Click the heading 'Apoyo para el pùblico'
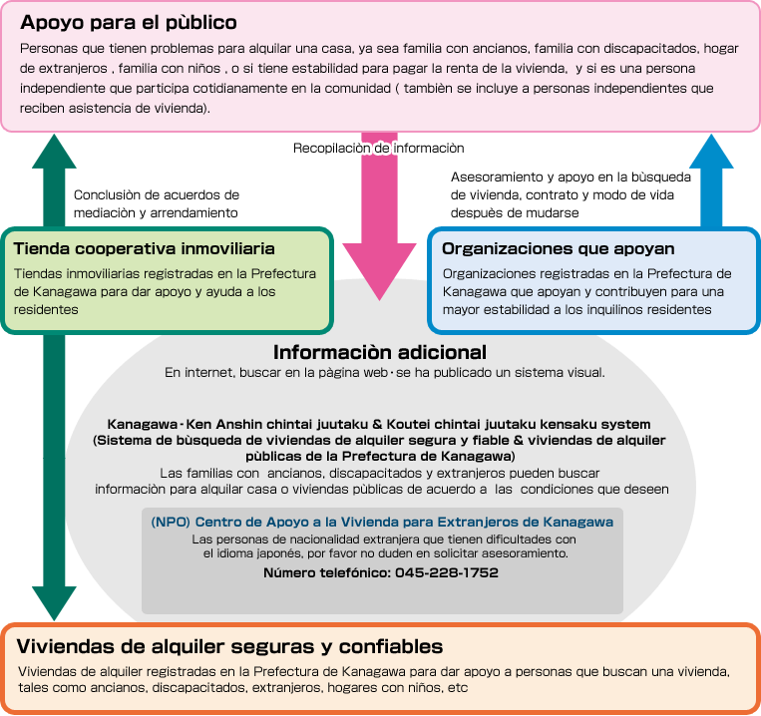[129, 22]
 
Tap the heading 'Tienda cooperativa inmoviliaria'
[145, 248]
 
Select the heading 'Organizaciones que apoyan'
[559, 248]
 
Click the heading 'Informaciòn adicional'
[380, 352]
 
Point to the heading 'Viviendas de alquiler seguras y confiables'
[229, 646]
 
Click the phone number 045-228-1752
[447, 572]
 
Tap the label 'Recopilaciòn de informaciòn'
[379, 148]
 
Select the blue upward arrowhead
[711, 152]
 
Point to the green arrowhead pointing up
[54, 152]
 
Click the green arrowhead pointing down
[54, 603]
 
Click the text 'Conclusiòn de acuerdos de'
[157, 195]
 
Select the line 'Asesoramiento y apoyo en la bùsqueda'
[571, 178]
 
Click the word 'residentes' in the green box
[46, 309]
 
